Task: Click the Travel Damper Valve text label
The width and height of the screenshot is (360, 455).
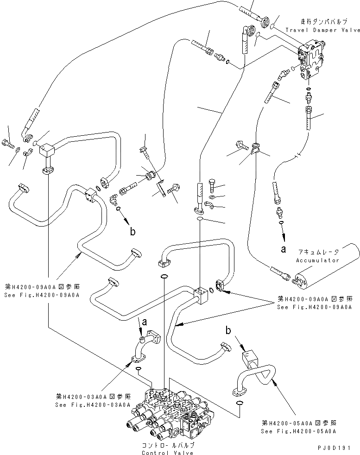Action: [x=322, y=30]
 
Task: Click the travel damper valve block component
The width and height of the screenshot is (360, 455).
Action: [x=313, y=60]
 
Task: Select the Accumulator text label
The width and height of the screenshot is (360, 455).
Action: [x=317, y=260]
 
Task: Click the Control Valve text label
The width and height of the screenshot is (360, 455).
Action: [x=168, y=453]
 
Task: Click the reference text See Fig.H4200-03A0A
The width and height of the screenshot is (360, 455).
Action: [x=93, y=404]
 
